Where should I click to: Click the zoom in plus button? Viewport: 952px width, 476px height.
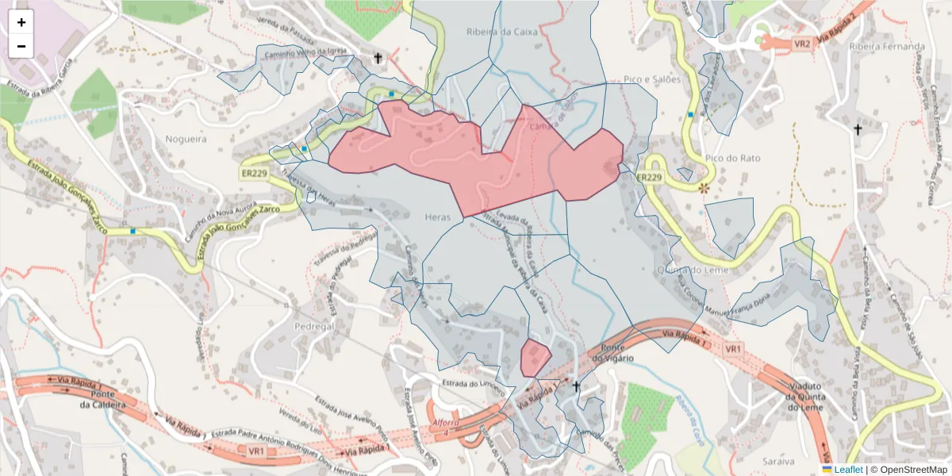pos(21,22)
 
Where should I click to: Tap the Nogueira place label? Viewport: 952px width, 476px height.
pos(185,139)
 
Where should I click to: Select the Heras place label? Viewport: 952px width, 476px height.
pos(437,217)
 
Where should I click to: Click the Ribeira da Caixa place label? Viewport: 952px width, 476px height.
pos(502,33)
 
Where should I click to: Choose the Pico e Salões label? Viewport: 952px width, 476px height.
pos(652,79)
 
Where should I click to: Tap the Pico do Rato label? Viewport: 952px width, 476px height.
pos(731,158)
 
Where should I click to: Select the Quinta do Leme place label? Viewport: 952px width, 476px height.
pos(692,270)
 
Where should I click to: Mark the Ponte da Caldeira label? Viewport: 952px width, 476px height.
pos(109,398)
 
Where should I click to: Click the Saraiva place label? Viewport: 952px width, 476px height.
pos(777,461)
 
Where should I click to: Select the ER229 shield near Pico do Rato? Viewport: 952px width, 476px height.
pos(648,176)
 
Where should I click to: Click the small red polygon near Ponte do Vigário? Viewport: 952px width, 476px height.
pos(535,356)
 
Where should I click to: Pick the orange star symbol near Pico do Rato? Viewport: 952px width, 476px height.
pos(704,188)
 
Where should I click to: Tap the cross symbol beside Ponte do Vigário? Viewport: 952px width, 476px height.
pos(577,386)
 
